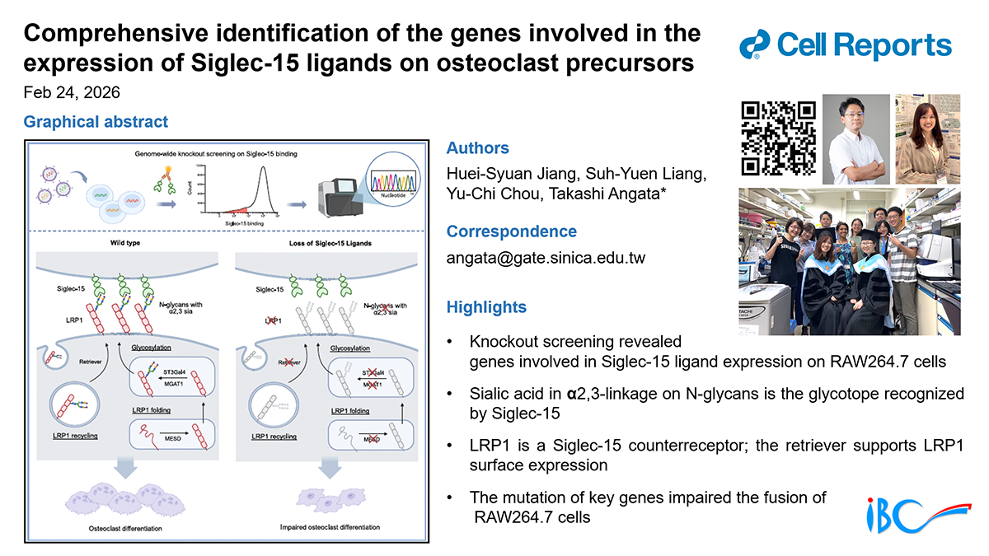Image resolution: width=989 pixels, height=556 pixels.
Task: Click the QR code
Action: pyautogui.click(x=778, y=138)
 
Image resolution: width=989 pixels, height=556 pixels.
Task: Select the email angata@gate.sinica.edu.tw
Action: pyautogui.click(x=546, y=258)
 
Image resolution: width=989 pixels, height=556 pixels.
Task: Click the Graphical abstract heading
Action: pyautogui.click(x=96, y=122)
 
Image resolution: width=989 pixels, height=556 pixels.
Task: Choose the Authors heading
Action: pyautogui.click(x=477, y=148)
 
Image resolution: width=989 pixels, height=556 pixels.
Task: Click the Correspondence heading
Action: pyautogui.click(x=511, y=231)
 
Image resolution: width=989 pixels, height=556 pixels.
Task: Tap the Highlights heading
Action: pyautogui.click(x=485, y=307)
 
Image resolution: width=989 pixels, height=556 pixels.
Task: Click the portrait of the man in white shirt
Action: pyautogui.click(x=855, y=138)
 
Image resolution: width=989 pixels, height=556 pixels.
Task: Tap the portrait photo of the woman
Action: pyautogui.click(x=927, y=138)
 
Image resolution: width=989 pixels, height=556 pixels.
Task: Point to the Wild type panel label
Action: pyautogui.click(x=121, y=244)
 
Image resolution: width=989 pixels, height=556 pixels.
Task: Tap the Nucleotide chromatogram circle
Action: pyautogui.click(x=392, y=188)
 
